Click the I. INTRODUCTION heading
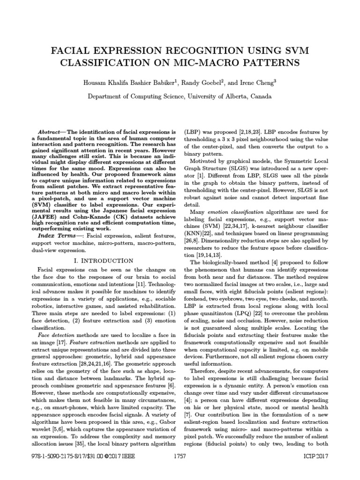click(x=104, y=261)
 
